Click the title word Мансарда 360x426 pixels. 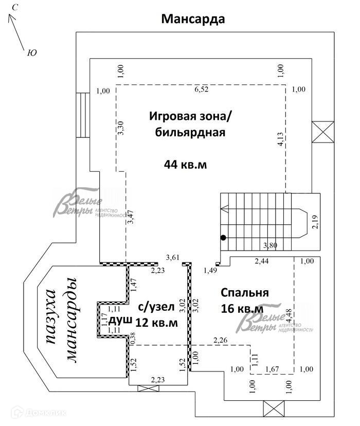point(193,19)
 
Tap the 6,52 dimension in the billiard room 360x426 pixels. point(202,90)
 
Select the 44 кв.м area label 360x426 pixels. point(186,165)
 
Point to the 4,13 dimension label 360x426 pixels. point(280,139)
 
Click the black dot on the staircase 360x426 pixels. point(223,238)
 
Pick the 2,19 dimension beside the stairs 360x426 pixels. point(315,221)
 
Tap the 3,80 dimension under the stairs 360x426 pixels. point(270,245)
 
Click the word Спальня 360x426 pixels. point(245,293)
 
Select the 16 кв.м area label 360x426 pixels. point(242,309)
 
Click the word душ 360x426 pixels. point(120,321)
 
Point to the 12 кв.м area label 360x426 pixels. point(156,323)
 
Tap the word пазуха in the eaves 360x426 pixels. point(51,316)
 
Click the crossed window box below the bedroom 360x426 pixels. point(274,409)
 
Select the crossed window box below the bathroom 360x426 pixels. point(148,388)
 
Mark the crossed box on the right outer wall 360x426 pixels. point(323,132)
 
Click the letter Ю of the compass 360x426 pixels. point(32,52)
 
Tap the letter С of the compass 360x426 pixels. point(15,8)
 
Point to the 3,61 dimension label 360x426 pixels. point(173,257)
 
